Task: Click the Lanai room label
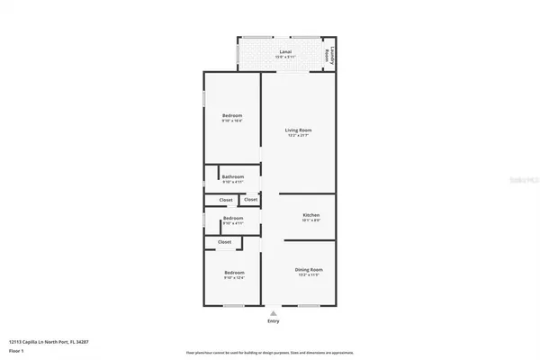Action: click(x=285, y=51)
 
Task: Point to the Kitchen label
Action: click(x=310, y=215)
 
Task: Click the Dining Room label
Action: click(x=309, y=270)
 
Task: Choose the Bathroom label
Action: click(x=233, y=176)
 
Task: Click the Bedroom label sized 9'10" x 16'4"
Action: click(x=232, y=115)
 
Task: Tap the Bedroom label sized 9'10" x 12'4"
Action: click(x=232, y=273)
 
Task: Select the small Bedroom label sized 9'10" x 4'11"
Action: click(x=233, y=218)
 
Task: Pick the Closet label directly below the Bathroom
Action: click(x=226, y=200)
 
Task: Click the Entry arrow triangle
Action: click(x=274, y=311)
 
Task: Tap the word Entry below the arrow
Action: click(x=274, y=320)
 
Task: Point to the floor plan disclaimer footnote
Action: click(x=270, y=353)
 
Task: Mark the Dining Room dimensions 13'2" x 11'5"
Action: click(x=309, y=276)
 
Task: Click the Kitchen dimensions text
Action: click(x=310, y=220)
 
